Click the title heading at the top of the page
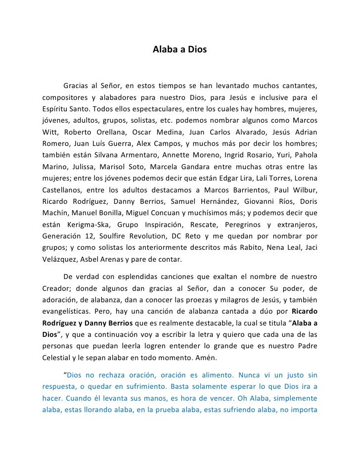[x=180, y=50]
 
